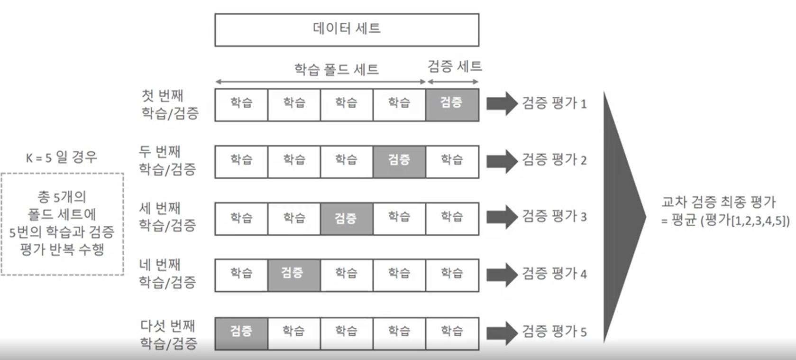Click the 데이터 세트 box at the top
pyautogui.click(x=347, y=29)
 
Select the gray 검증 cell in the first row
pyautogui.click(x=452, y=104)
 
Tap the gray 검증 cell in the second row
pyautogui.click(x=399, y=161)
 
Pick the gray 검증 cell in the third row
pyautogui.click(x=347, y=219)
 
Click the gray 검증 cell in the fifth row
pyautogui.click(x=241, y=332)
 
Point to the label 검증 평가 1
pyautogui.click(x=554, y=103)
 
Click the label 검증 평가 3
pyautogui.click(x=554, y=217)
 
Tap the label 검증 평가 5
pyautogui.click(x=554, y=332)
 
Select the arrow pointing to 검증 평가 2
pyautogui.click(x=502, y=161)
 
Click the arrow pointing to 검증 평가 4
pyautogui.click(x=502, y=274)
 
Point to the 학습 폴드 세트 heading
pyautogui.click(x=337, y=70)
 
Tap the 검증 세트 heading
pyautogui.click(x=454, y=66)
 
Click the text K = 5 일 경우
pyautogui.click(x=62, y=157)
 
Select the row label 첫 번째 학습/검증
pyautogui.click(x=169, y=104)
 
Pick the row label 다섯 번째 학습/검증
pyautogui.click(x=168, y=334)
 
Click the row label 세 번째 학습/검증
pyautogui.click(x=167, y=216)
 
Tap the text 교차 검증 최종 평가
pyautogui.click(x=718, y=202)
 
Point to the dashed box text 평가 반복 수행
pyautogui.click(x=62, y=249)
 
